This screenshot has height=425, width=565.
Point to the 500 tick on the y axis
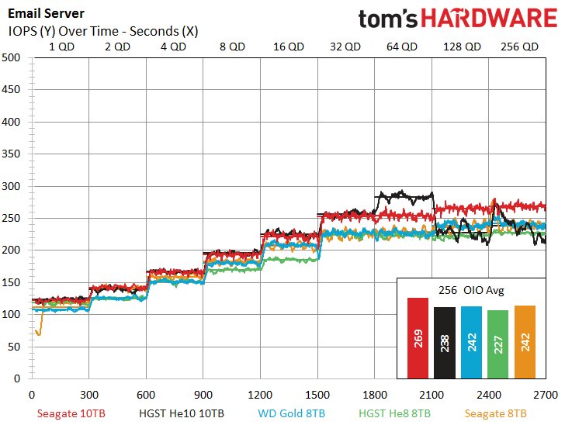pyautogui.click(x=12, y=57)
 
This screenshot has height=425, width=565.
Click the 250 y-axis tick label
pyautogui.click(x=12, y=219)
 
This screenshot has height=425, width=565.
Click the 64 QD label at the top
pyautogui.click(x=402, y=46)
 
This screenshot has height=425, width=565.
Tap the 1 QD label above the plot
pyautogui.click(x=62, y=46)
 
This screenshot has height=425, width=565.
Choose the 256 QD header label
pyautogui.click(x=515, y=46)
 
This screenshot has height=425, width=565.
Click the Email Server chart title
pyautogui.click(x=47, y=13)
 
